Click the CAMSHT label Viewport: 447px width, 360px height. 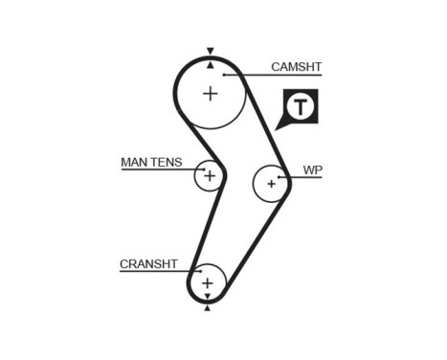[x=296, y=67]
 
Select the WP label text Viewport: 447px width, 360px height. [x=312, y=169]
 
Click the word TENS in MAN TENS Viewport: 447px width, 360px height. [x=165, y=162]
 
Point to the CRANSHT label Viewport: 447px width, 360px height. [x=148, y=263]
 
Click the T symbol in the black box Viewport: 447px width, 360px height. [x=301, y=106]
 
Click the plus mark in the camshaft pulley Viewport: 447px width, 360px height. [x=210, y=93]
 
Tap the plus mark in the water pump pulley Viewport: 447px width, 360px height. [x=272, y=183]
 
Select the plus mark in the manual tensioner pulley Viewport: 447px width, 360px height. [x=209, y=176]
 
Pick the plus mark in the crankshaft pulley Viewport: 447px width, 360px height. [x=207, y=283]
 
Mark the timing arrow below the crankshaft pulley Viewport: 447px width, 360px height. [x=207, y=309]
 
